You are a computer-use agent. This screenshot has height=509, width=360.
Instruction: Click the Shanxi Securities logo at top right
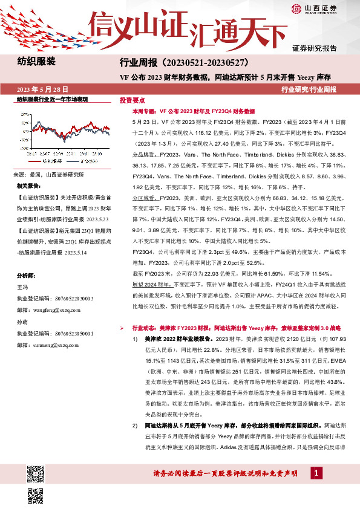(323, 8)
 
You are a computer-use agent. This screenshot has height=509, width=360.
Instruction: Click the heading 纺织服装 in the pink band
(36, 62)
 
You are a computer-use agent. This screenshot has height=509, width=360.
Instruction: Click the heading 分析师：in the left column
(27, 274)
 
